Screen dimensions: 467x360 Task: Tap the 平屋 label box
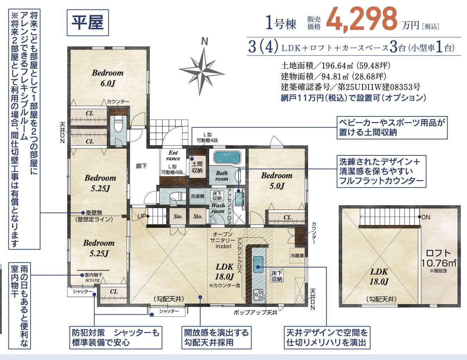[x=88, y=22]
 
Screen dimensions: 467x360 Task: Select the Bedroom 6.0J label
[x=108, y=78]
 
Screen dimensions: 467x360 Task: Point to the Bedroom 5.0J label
[x=277, y=181]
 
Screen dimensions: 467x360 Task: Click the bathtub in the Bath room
[x=227, y=158]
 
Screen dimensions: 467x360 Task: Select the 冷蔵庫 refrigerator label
[x=297, y=256]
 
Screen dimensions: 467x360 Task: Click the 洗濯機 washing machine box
[x=198, y=196]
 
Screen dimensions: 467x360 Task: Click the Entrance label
[x=173, y=155]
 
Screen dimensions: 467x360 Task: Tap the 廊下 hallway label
[x=141, y=166]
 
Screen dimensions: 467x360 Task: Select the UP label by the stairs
[x=142, y=216]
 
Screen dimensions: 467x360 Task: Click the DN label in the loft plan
[x=426, y=217]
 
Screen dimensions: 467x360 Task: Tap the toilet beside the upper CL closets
[x=118, y=124]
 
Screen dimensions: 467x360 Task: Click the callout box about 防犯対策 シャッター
[x=116, y=337]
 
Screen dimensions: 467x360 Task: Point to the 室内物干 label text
[x=94, y=275]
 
